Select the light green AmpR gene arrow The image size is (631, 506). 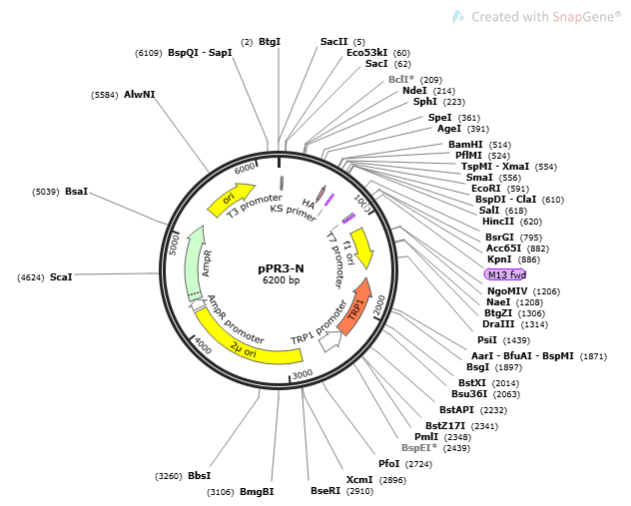[194, 263]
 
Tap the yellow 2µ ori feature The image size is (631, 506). [244, 339]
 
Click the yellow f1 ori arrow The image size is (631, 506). [361, 248]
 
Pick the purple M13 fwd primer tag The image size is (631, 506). [505, 274]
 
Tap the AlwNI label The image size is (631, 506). [140, 95]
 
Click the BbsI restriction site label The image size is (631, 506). [200, 476]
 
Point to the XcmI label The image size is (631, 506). [358, 480]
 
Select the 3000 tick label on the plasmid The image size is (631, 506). [303, 373]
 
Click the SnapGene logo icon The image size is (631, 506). [457, 17]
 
